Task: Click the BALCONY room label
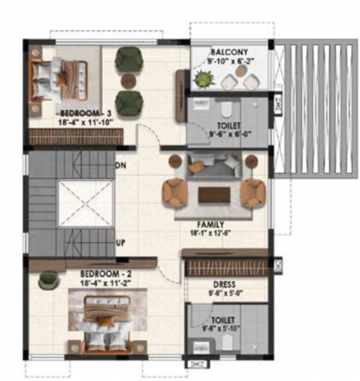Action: pyautogui.click(x=230, y=52)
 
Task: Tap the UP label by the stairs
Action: pyautogui.click(x=121, y=243)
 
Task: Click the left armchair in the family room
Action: pyautogui.click(x=174, y=192)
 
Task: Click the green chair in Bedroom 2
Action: pyautogui.click(x=47, y=279)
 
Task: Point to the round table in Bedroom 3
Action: pyautogui.click(x=128, y=81)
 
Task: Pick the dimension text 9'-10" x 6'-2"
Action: pyautogui.click(x=230, y=62)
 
